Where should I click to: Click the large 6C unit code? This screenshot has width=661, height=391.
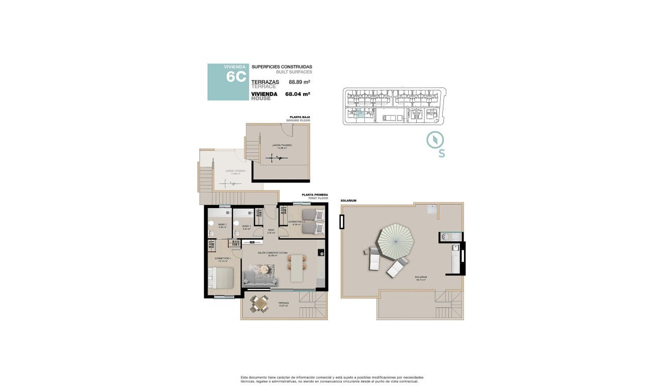(235, 77)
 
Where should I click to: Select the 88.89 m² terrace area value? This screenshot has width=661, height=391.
(299, 81)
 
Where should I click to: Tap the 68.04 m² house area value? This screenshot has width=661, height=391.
(297, 93)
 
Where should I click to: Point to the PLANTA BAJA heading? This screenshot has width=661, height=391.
(300, 117)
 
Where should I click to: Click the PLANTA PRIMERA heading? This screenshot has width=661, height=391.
(315, 194)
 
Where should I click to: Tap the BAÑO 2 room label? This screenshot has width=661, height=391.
(246, 226)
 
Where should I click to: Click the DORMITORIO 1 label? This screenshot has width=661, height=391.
(222, 259)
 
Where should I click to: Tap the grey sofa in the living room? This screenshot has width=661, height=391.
(256, 278)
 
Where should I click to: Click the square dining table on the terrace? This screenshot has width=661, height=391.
(259, 304)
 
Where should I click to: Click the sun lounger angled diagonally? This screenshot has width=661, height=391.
(397, 267)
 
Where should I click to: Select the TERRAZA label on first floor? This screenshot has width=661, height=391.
(283, 303)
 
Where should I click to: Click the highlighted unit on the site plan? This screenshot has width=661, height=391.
(359, 114)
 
